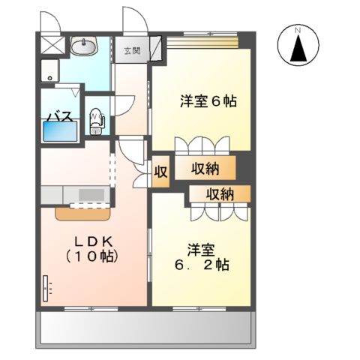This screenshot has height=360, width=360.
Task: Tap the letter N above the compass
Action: [298, 30]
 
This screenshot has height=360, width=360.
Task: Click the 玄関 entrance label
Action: [132, 50]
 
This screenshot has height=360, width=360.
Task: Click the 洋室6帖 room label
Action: [208, 100]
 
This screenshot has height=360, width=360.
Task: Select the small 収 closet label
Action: [160, 170]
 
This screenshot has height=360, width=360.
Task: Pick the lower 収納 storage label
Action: [218, 194]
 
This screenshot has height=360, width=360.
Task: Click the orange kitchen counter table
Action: [83, 212]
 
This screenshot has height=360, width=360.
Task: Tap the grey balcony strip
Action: [142, 328]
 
